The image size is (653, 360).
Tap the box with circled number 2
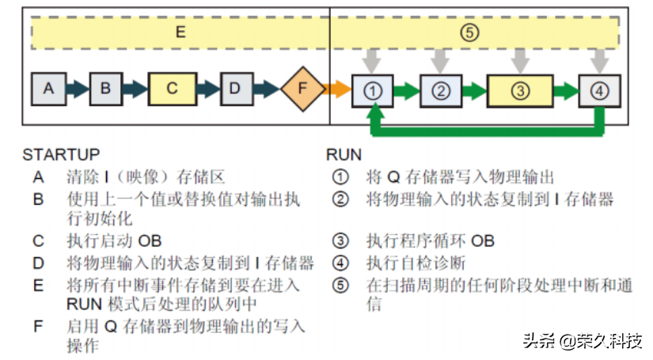[x=440, y=90]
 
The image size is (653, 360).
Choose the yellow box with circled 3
[x=519, y=90]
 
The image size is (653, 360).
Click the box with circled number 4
[x=599, y=90]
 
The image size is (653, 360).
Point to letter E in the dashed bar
[x=180, y=33]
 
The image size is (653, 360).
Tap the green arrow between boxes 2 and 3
[x=474, y=90]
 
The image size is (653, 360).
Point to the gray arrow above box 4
[x=601, y=59]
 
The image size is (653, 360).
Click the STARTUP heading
[x=61, y=154]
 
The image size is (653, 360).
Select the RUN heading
[x=344, y=154]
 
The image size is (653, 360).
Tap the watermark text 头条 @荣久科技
[x=582, y=341]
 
